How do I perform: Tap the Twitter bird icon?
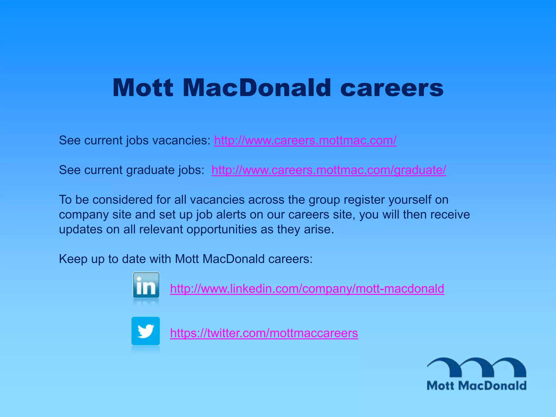pyautogui.click(x=146, y=331)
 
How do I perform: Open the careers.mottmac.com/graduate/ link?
pyautogui.click(x=328, y=170)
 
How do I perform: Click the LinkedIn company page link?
pyautogui.click(x=307, y=289)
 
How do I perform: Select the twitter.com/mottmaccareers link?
pyautogui.click(x=264, y=333)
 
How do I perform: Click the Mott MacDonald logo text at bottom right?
pyautogui.click(x=476, y=386)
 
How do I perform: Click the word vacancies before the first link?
pyautogui.click(x=181, y=141)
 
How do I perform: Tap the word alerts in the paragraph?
pyautogui.click(x=231, y=215)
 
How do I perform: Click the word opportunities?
pyautogui.click(x=222, y=230)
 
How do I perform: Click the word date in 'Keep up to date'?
pyautogui.click(x=134, y=259)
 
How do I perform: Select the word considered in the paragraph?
pyautogui.click(x=122, y=200)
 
